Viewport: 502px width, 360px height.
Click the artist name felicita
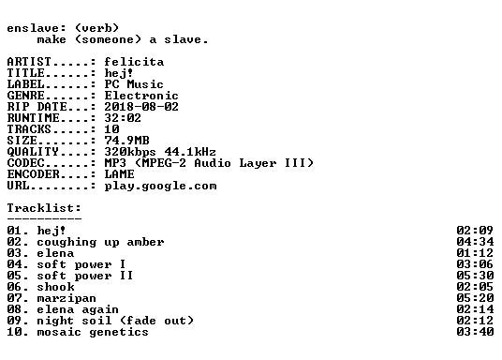tap(134, 62)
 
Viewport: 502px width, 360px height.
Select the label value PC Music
tap(134, 84)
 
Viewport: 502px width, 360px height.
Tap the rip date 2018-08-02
tap(141, 107)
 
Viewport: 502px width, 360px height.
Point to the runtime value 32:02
tap(123, 117)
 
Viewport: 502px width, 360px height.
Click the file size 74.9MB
tap(126, 140)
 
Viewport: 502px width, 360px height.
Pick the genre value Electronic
tap(141, 96)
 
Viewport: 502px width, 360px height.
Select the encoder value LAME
tap(120, 173)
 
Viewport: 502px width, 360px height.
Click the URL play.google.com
tap(160, 186)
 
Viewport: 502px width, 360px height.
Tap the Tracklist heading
tap(44, 208)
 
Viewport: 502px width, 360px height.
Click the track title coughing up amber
tap(100, 242)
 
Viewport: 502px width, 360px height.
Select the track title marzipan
tap(66, 298)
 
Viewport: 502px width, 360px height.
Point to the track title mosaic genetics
tap(93, 332)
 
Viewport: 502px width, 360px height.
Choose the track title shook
tap(55, 287)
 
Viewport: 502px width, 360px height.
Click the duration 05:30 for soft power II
tap(475, 276)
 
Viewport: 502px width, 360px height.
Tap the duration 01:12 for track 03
tap(475, 253)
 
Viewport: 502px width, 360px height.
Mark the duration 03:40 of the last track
tap(475, 332)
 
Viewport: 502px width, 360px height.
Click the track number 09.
tap(14, 321)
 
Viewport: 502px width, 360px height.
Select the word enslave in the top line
tap(33, 28)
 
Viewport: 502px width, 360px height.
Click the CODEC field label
tap(25, 162)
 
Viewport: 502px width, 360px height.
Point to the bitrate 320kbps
tap(130, 152)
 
